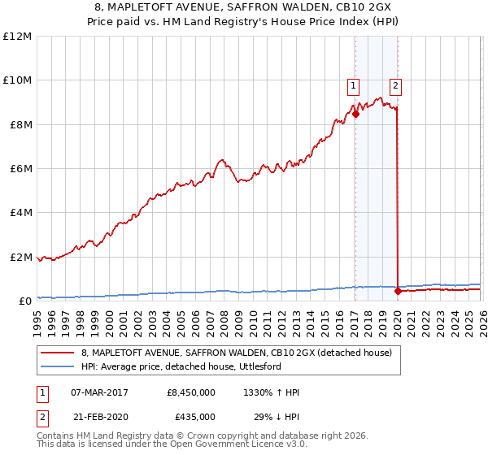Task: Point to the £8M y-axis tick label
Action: [x=18, y=124]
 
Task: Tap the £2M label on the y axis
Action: [x=18, y=257]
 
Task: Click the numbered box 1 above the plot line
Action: [x=354, y=84]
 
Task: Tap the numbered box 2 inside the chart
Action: [x=395, y=84]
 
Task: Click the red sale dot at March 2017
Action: [x=355, y=115]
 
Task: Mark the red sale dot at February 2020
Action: [x=398, y=292]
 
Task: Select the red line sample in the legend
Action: [x=58, y=353]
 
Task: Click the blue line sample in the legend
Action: [x=58, y=366]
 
